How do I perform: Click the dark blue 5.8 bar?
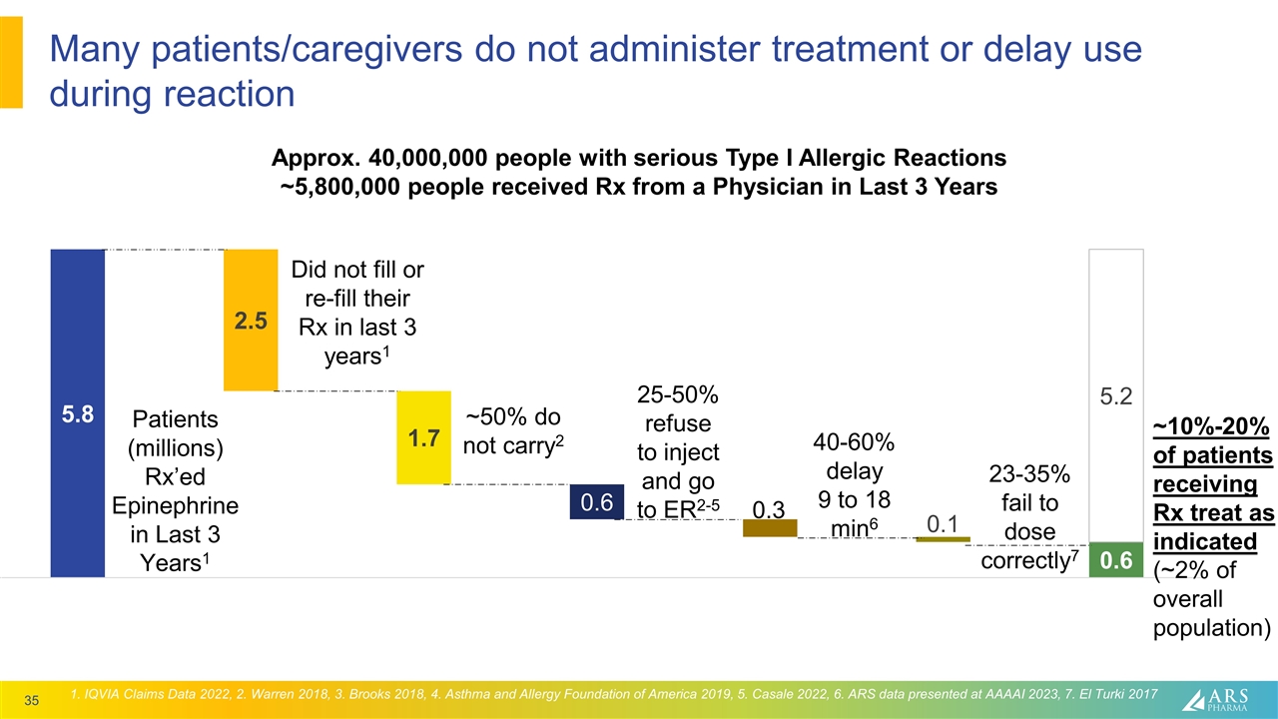pyautogui.click(x=77, y=412)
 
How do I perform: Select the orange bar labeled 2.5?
pyautogui.click(x=251, y=320)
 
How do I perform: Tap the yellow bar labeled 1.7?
pyautogui.click(x=424, y=437)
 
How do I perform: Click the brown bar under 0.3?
pyautogui.click(x=770, y=528)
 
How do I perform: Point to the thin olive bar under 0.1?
pyautogui.click(x=943, y=540)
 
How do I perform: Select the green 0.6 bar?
pyautogui.click(x=1115, y=560)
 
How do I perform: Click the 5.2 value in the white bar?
pyautogui.click(x=1115, y=396)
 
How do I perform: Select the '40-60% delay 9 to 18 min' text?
pyautogui.click(x=854, y=484)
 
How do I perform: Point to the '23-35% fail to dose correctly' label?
pyautogui.click(x=1029, y=517)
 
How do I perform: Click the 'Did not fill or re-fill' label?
pyautogui.click(x=356, y=313)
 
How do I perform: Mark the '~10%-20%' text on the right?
pyautogui.click(x=1211, y=427)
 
